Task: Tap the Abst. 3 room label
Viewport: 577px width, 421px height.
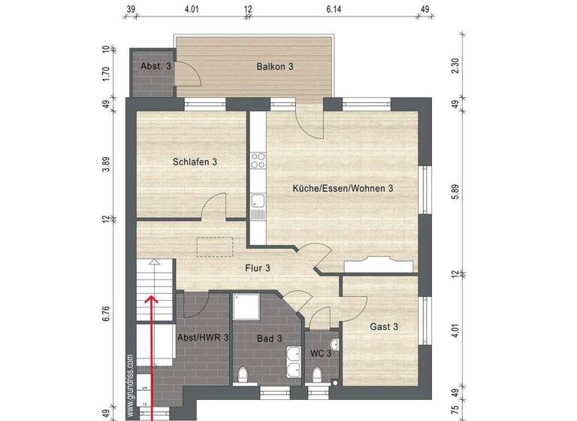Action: point(156,66)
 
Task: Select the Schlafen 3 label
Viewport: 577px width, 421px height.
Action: point(195,162)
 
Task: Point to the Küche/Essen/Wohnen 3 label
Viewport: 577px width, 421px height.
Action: point(343,189)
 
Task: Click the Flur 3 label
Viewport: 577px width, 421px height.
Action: point(258,268)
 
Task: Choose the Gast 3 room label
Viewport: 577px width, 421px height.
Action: point(384,326)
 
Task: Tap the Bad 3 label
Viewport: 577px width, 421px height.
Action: point(269,339)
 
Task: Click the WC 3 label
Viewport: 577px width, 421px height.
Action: point(321,353)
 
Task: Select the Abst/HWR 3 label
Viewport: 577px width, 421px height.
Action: point(202,338)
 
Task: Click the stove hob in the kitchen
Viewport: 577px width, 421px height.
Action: point(258,160)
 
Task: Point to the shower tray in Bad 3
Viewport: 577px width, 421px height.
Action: point(246,306)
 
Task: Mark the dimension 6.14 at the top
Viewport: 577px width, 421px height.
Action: point(334,10)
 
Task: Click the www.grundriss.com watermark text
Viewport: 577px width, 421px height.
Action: point(130,384)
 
